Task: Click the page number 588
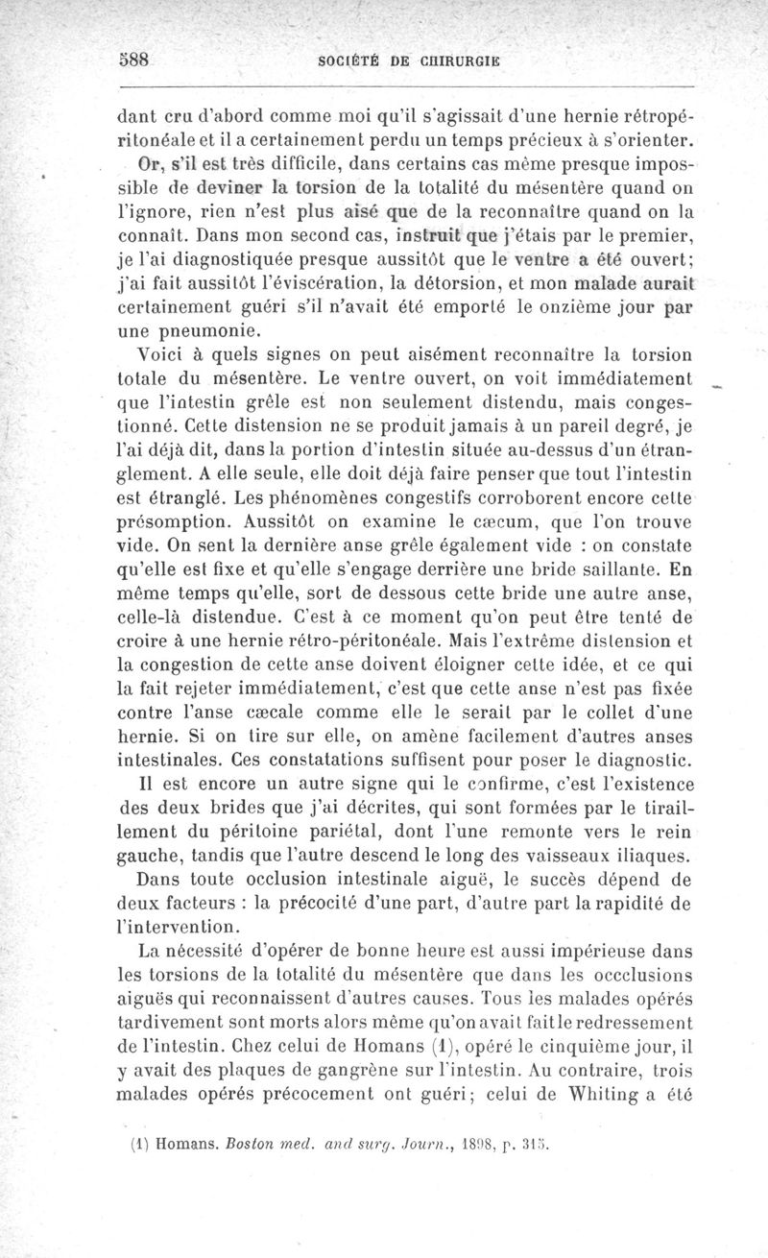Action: coord(136,57)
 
